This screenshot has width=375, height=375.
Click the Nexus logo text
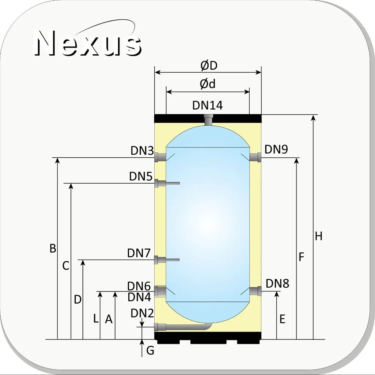[88, 43]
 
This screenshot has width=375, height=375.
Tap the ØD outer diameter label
[209, 66]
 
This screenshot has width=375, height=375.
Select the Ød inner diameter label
[207, 84]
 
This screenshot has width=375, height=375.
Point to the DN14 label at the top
[207, 105]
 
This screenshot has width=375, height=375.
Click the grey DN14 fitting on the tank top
[209, 120]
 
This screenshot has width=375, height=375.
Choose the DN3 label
[142, 151]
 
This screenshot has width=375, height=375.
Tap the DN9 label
[276, 149]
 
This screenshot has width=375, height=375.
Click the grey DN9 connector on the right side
[255, 157]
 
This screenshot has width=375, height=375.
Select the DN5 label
[141, 176]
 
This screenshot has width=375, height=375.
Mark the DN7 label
[139, 253]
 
